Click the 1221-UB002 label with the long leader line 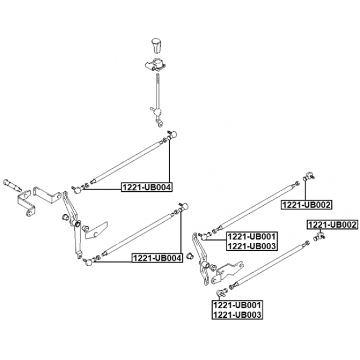point(307,204)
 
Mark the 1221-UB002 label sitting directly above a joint point(332,224)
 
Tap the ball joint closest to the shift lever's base point(174,134)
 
